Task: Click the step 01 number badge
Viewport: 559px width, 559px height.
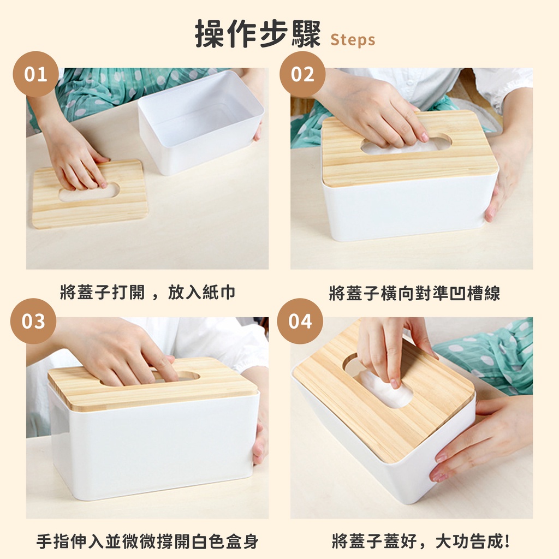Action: pos(35,74)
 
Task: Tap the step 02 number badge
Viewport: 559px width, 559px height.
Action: pos(302,74)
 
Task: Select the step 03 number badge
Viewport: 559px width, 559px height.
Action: pos(33,321)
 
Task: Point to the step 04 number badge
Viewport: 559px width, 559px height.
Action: pos(300,321)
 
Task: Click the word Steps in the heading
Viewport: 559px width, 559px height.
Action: pos(353,39)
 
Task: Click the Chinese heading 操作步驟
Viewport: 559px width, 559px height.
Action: pos(258,34)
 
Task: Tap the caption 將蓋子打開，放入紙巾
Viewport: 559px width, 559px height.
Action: pos(147,293)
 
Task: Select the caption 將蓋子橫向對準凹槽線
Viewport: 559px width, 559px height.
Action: pos(414,293)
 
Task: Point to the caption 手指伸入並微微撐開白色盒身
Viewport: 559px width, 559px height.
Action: pos(147,541)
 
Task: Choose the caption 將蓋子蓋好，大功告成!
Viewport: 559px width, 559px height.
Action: pos(421,541)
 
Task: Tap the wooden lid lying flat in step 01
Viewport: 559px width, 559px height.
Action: pos(90,194)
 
